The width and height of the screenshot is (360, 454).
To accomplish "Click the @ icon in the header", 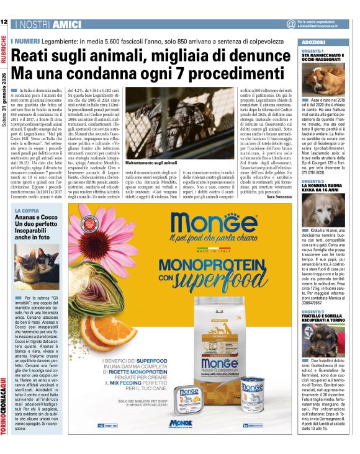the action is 290,24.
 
